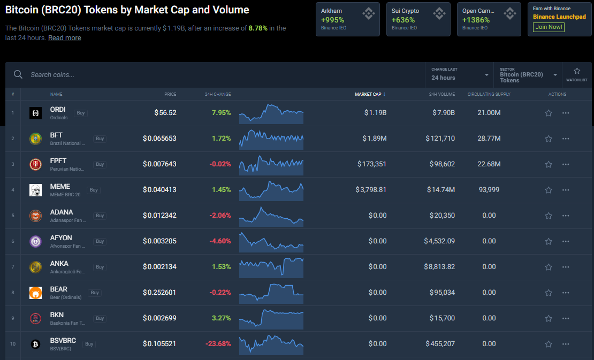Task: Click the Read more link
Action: [x=64, y=38]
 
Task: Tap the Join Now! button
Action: [x=549, y=27]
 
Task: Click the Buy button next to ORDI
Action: [x=81, y=113]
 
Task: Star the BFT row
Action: [x=549, y=139]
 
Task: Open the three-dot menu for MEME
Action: [x=566, y=190]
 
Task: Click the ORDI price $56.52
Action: [x=165, y=113]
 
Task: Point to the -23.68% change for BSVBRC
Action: [x=217, y=344]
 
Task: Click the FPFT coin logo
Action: [x=35, y=164]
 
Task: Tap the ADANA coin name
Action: [x=62, y=212]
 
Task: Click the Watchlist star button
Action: [x=577, y=74]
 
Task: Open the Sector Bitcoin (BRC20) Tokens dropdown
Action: [x=527, y=75]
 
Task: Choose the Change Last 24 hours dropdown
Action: [x=459, y=75]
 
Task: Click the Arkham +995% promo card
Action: [x=347, y=19]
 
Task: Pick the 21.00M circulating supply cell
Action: [x=489, y=113]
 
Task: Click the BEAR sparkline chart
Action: [x=271, y=292]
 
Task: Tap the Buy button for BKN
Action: [x=100, y=318]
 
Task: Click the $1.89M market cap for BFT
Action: [x=374, y=139]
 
